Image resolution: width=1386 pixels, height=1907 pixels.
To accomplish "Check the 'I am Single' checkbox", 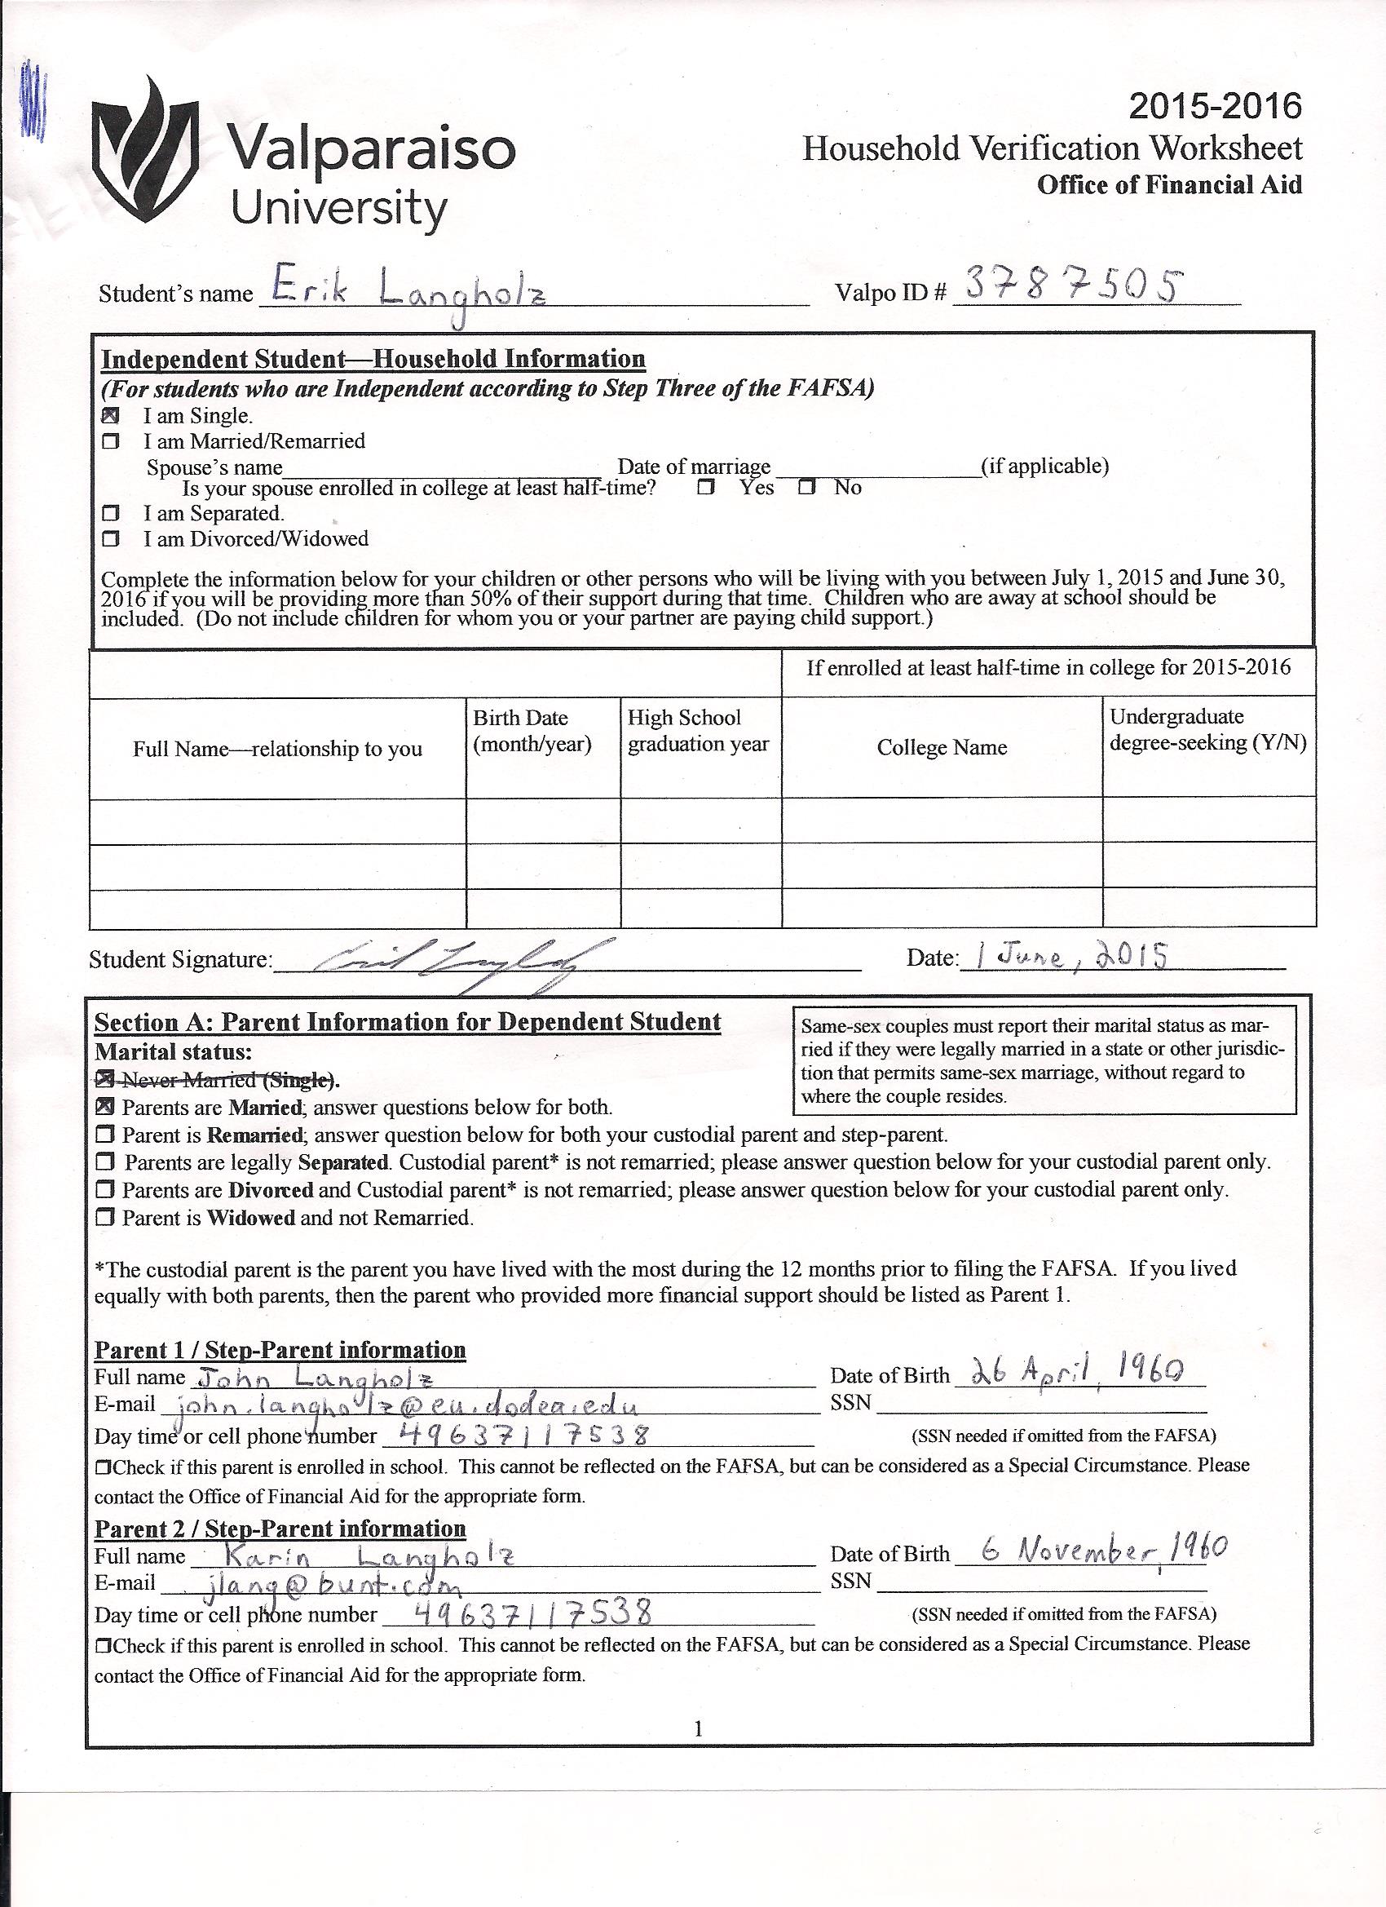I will [110, 415].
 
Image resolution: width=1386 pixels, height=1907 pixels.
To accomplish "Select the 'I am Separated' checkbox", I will [110, 513].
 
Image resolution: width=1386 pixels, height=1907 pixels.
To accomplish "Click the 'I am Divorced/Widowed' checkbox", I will [110, 539].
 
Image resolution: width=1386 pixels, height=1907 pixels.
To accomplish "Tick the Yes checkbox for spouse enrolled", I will [705, 488].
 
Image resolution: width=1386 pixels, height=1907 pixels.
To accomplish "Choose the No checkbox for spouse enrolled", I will [807, 488].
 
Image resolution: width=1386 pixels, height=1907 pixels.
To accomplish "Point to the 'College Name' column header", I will [942, 747].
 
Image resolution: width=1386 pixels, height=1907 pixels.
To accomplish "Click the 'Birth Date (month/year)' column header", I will [532, 731].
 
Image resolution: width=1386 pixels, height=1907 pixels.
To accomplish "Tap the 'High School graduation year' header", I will [698, 731].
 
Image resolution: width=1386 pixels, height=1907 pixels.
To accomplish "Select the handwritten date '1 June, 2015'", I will [1071, 957].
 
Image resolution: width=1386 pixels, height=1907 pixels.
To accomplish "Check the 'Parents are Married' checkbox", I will [105, 1108].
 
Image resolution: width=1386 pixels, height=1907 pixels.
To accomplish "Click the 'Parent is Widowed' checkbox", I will [105, 1219].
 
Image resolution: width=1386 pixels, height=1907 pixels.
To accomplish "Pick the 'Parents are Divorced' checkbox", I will [105, 1191].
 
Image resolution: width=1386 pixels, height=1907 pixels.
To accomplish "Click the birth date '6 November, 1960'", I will [1092, 1550].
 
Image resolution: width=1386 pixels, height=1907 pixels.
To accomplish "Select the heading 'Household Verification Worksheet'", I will [1052, 148].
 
